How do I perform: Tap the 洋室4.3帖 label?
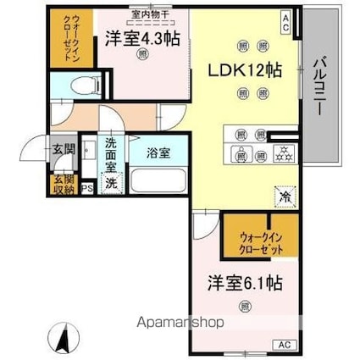(142, 38)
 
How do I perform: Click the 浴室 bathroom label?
(158, 154)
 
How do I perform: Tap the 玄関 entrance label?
(62, 150)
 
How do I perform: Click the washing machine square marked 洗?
(111, 182)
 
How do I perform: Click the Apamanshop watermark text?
(174, 323)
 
